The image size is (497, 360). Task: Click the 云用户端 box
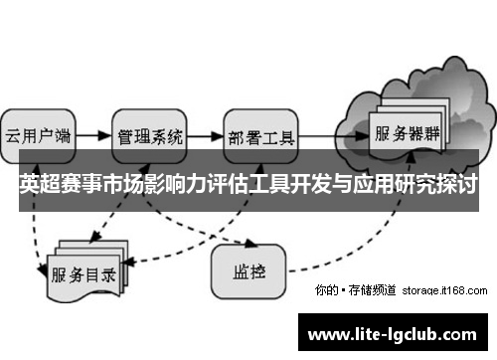click(x=38, y=134)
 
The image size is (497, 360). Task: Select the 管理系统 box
click(x=150, y=134)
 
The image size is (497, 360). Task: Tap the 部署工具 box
click(x=261, y=134)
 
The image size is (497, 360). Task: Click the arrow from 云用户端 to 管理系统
click(x=91, y=134)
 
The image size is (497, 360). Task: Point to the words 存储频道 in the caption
click(x=374, y=290)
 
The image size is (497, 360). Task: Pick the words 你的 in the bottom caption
click(x=325, y=290)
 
